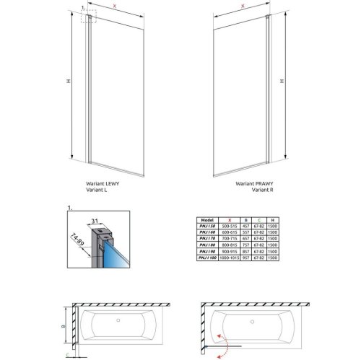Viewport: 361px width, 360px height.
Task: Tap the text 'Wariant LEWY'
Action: pos(101,185)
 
